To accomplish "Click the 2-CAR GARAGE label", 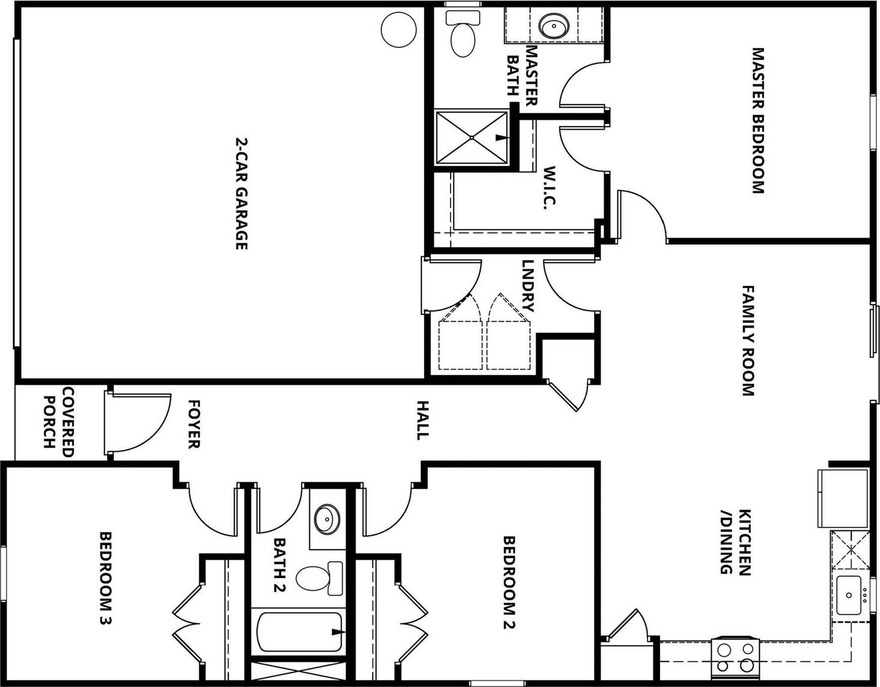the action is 241,193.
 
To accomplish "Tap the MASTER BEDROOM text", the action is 757,121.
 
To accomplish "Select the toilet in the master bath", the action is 463,34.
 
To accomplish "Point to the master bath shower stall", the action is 472,138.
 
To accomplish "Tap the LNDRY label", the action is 528,286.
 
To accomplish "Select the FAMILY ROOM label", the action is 748,340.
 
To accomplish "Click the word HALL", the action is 422,420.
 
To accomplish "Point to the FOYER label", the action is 195,424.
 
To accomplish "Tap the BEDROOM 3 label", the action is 105,578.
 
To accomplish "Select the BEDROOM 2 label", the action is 509,582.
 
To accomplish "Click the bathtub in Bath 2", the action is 300,631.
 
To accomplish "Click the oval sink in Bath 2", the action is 327,518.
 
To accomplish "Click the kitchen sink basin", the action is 848,595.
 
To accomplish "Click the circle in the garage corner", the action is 399,29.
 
